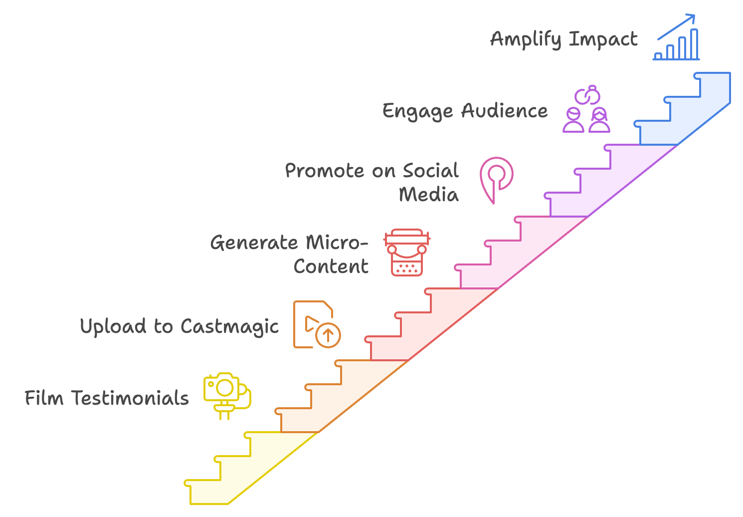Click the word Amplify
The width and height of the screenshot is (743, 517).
(526, 39)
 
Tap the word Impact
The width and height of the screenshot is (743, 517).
(603, 39)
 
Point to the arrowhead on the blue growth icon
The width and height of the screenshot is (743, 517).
(691, 18)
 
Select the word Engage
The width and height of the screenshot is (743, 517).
(417, 111)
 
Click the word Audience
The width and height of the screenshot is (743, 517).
(505, 111)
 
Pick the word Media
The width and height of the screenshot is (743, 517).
(428, 195)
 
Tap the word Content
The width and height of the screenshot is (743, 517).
(331, 266)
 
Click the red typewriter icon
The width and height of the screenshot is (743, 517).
(407, 253)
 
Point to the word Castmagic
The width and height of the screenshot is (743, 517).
(229, 327)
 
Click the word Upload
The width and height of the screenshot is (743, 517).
(113, 326)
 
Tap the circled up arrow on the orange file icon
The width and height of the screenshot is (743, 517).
(328, 335)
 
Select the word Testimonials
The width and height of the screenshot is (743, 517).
(130, 398)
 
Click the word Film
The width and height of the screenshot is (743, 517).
(44, 398)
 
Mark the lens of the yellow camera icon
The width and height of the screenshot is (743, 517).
(225, 388)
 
